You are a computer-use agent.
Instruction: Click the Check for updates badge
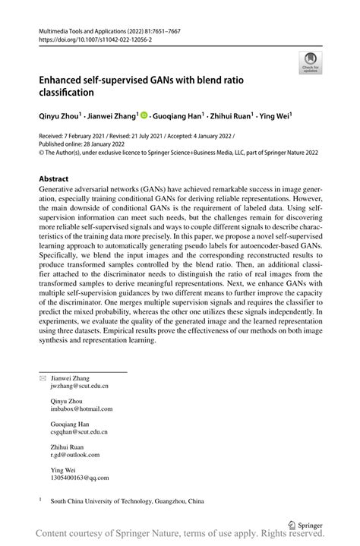309,62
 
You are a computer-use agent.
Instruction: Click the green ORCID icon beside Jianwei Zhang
144,116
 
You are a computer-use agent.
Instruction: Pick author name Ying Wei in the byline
275,116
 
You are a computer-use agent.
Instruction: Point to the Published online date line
84,143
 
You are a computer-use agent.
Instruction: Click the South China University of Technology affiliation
127,501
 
